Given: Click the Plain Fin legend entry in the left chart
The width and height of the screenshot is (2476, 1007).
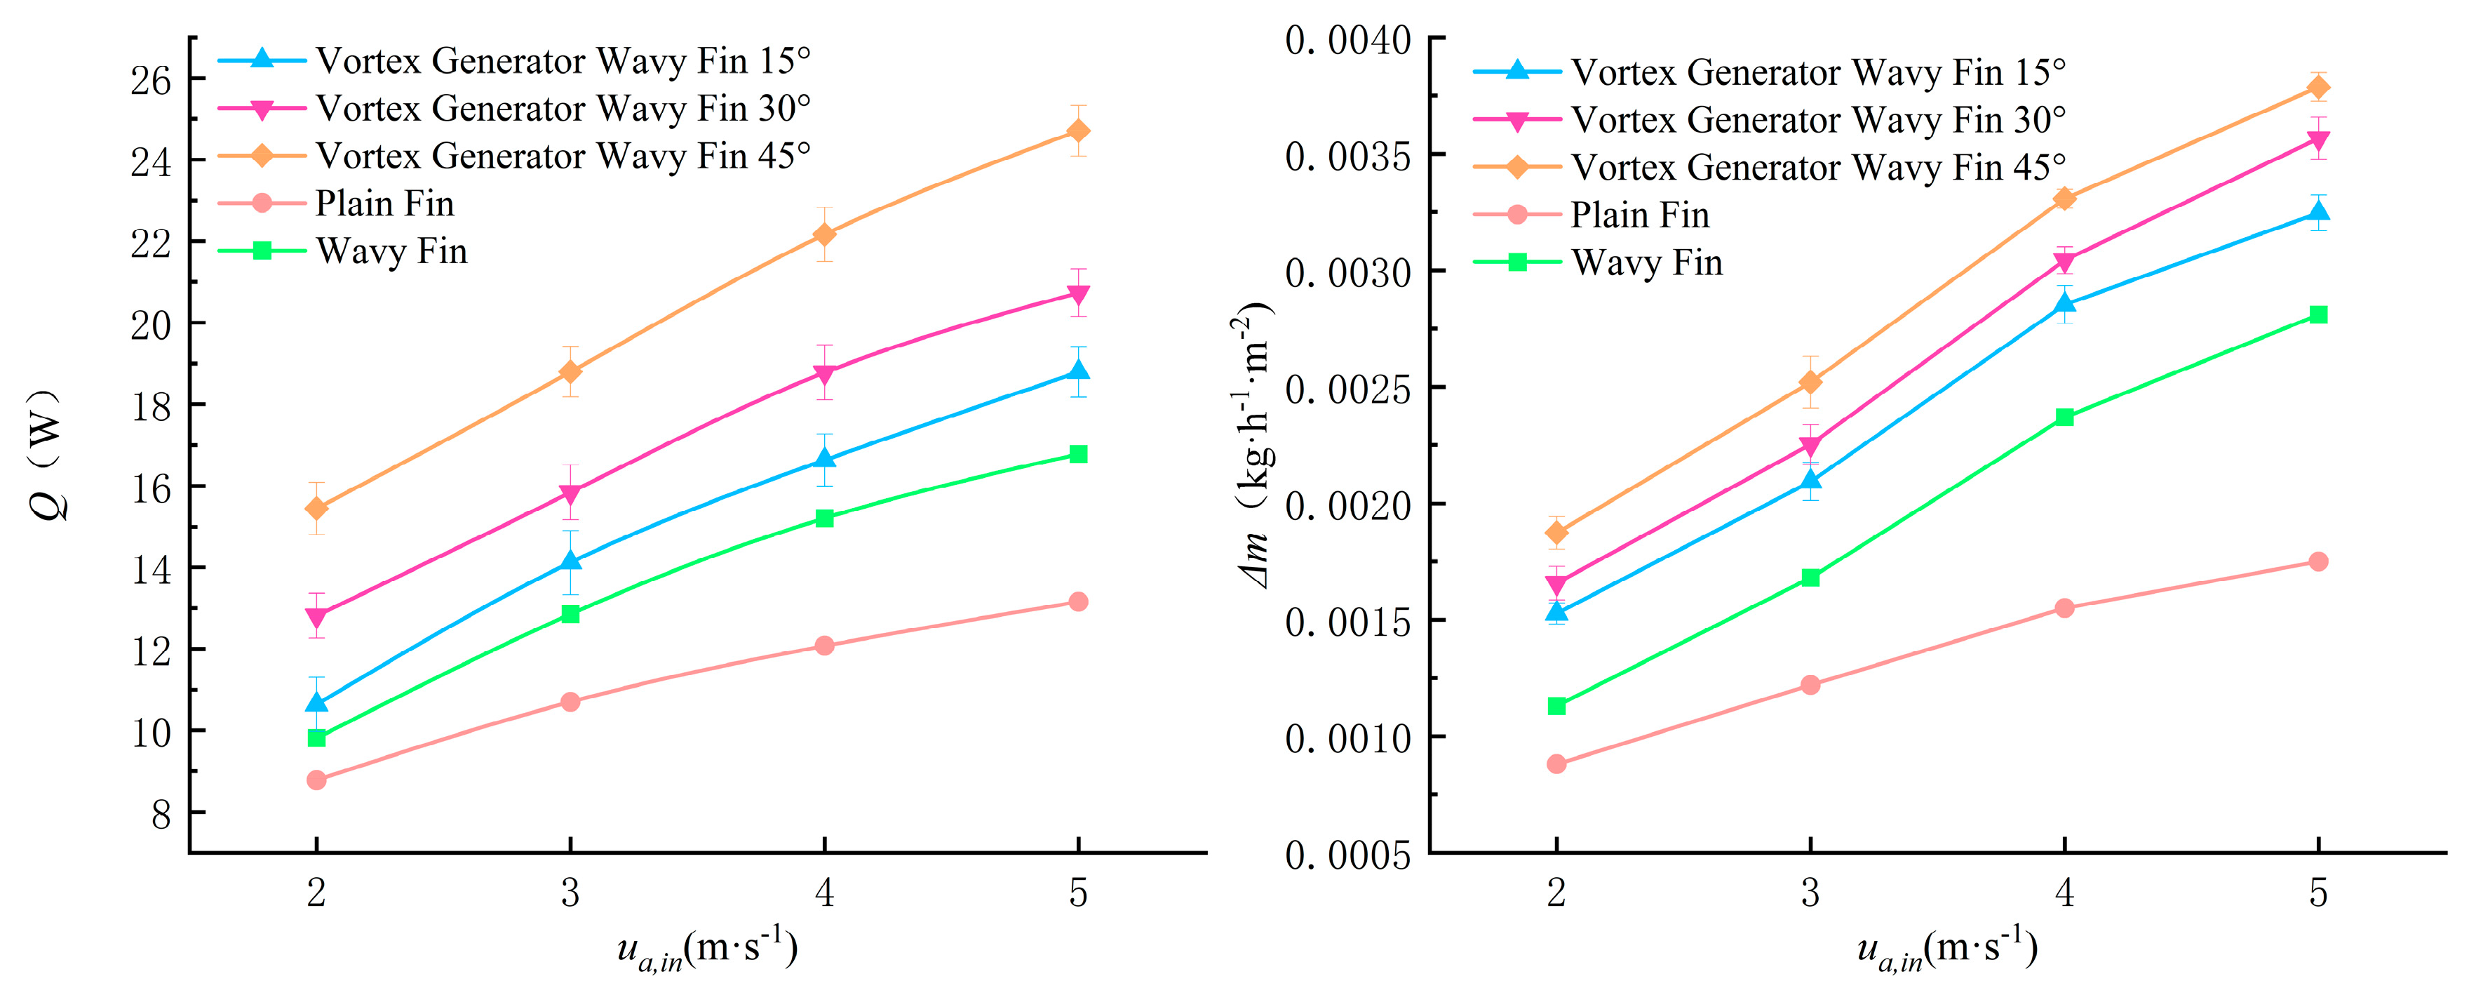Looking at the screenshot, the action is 337,203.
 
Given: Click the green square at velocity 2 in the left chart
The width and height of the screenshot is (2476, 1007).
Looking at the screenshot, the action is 316,738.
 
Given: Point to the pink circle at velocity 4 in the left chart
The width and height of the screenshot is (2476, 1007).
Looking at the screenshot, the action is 823,646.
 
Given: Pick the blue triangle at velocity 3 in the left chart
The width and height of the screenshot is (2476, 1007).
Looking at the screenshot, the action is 570,560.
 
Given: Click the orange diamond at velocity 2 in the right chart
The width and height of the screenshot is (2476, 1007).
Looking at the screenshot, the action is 1556,532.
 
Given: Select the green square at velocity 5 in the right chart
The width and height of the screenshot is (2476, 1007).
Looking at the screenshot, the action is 2317,314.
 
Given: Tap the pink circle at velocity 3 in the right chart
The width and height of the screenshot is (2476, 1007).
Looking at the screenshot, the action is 1810,685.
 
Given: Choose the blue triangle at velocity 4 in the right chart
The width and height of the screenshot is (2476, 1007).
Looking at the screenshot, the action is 2064,303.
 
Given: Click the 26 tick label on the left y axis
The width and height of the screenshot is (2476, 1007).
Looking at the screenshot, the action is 151,81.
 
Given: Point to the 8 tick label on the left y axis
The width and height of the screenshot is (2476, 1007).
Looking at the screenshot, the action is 161,815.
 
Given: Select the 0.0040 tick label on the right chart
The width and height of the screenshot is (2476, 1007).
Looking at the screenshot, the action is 1347,41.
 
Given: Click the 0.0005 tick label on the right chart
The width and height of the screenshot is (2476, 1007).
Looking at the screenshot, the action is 1347,855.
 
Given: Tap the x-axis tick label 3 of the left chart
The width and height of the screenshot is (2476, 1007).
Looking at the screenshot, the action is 570,893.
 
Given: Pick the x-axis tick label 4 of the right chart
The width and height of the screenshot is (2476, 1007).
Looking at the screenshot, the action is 2064,893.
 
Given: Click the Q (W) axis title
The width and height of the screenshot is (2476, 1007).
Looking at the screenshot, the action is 48,454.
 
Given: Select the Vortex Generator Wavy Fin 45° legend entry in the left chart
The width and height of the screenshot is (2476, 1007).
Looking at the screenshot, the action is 514,155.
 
